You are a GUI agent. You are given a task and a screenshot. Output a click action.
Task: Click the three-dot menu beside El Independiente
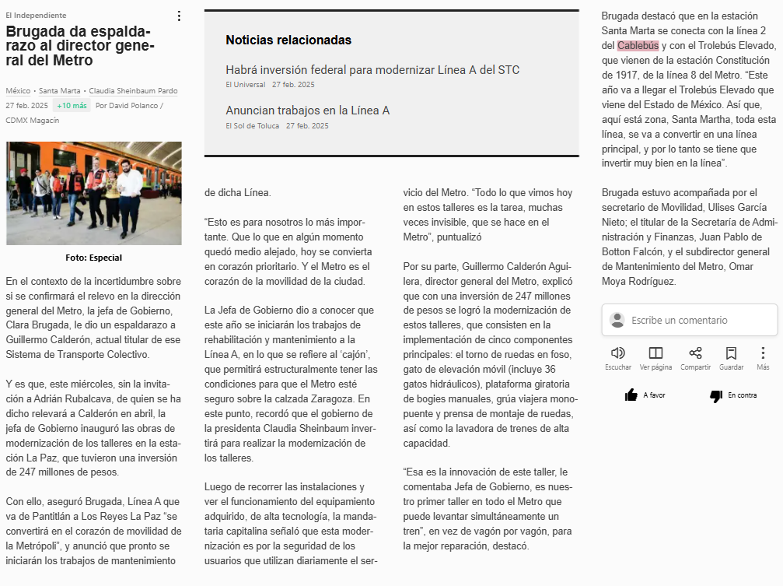coord(179,16)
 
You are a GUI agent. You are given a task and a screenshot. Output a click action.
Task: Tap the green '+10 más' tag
coord(72,105)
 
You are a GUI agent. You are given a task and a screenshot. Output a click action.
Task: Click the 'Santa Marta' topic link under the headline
coord(61,91)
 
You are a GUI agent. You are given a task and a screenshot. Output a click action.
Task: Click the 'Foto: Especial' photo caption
coord(93,258)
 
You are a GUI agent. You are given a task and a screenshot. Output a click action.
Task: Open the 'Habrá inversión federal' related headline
coord(372,70)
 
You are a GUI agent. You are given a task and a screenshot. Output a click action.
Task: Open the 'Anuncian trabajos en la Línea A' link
coord(307,111)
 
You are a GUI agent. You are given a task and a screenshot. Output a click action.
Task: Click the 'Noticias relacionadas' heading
coord(288,40)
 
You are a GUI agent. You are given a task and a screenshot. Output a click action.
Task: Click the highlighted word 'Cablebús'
coord(638,46)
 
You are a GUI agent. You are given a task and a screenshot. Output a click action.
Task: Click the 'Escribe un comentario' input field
coord(689,320)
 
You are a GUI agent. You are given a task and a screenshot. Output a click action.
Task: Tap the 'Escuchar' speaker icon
coord(618,353)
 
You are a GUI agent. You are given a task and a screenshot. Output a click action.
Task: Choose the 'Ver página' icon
coord(655,353)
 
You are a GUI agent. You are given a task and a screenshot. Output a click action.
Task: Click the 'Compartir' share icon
coord(695,353)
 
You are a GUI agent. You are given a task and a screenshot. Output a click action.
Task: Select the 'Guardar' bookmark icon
coord(731,353)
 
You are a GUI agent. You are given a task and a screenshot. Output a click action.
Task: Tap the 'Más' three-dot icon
coord(763,353)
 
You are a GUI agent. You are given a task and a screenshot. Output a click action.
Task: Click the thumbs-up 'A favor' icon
coord(631,395)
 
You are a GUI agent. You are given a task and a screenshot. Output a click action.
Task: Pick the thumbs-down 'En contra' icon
coord(716,396)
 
